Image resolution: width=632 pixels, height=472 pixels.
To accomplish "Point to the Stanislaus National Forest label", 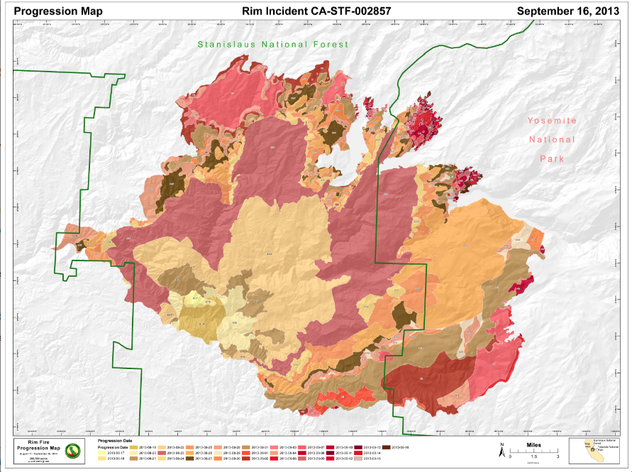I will [x=273, y=44].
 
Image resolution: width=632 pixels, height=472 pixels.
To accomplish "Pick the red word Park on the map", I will [x=552, y=158].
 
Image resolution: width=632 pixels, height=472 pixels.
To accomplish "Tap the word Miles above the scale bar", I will [x=532, y=446].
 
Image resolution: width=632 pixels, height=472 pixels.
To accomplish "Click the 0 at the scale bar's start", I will [x=511, y=458].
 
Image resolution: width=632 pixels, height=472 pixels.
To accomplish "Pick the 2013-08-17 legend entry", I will [x=116, y=453].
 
